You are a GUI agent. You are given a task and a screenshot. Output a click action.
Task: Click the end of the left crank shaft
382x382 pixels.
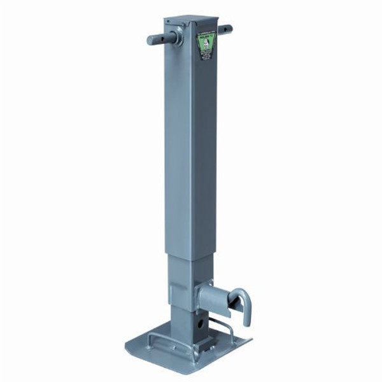pyautogui.click(x=150, y=40)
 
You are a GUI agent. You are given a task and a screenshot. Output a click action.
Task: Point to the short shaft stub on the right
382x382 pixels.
pyautogui.click(x=224, y=29)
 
